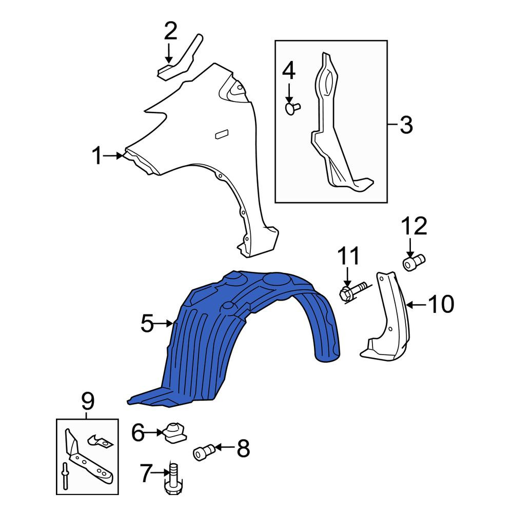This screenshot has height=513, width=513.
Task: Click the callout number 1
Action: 97,155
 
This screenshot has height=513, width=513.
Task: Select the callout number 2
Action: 170,31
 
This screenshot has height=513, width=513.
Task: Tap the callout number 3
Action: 406,125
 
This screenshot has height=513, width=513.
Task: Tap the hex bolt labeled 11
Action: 353,291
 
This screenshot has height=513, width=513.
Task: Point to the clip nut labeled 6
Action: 175,432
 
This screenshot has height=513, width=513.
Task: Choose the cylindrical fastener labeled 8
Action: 204,452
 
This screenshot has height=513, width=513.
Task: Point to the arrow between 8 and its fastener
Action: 225,447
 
